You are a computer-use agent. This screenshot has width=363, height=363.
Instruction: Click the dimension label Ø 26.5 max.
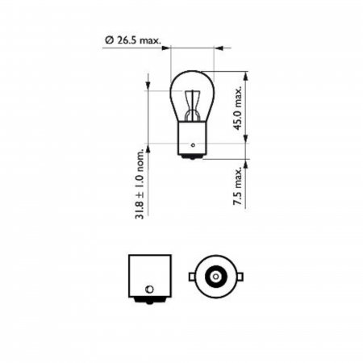point(133,40)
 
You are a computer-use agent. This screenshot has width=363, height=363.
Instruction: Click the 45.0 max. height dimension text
point(238,108)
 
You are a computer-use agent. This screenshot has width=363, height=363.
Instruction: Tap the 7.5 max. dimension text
point(238,186)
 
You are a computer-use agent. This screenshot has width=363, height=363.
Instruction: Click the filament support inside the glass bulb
point(192,106)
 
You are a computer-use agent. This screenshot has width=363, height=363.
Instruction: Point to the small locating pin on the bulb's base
point(193,145)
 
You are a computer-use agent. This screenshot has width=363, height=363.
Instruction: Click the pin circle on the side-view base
point(149,290)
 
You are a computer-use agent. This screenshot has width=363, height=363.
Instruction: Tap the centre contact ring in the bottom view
point(215,277)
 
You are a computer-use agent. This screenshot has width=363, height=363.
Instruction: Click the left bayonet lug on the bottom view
point(192,277)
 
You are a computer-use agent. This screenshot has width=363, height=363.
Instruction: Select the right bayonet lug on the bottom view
point(240,277)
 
